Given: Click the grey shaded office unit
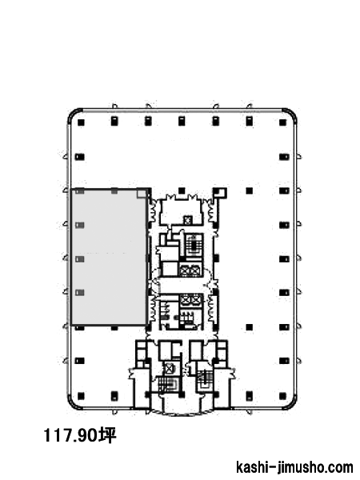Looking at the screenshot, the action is (109, 257).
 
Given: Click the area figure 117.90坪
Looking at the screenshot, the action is (80, 435).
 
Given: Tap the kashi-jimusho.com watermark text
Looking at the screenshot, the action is (294, 467).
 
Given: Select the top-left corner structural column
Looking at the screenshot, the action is (81, 122).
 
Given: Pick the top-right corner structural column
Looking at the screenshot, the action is (282, 122).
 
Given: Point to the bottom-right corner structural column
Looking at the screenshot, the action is (282, 396).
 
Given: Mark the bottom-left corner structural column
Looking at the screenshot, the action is (81, 396).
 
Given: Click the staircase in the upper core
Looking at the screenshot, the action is (194, 245).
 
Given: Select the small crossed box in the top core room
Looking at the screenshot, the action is (187, 219).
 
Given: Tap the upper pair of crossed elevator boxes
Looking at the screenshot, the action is (190, 270).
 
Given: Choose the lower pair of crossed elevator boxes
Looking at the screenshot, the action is (190, 300).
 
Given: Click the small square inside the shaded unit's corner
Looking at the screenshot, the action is (141, 194).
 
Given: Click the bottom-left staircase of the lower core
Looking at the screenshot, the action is (168, 385).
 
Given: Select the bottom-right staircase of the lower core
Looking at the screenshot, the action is (203, 380).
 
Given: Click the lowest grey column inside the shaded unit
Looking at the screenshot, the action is (80, 293).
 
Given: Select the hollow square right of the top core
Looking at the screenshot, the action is (221, 192).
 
